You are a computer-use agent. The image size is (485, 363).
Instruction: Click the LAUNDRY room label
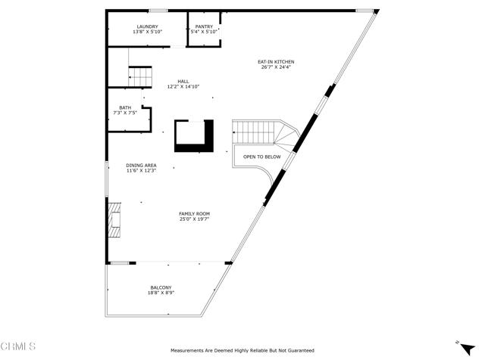tap(148, 27)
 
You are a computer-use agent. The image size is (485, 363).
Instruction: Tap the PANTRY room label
tap(204, 27)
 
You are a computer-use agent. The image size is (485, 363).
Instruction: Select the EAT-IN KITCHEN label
tap(276, 62)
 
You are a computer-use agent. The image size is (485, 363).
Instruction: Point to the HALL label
tap(183, 82)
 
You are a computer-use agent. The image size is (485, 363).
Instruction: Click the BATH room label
tap(125, 107)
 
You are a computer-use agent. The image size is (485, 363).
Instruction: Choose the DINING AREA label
tap(142, 165)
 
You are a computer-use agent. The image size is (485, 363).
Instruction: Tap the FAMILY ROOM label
tap(195, 213)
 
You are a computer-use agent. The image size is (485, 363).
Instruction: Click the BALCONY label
tap(161, 287)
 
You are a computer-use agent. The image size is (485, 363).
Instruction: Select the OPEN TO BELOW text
tap(262, 157)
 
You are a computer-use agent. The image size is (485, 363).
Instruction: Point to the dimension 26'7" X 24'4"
tap(276, 67)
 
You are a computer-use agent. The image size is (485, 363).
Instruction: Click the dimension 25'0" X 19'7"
tap(195, 219)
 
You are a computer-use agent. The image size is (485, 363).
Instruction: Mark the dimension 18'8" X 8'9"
tap(161, 293)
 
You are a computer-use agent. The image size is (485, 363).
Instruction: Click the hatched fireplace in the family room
tap(114, 220)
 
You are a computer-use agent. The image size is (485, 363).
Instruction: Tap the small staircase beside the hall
tap(140, 76)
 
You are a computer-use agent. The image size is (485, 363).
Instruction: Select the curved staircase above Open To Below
tap(266, 133)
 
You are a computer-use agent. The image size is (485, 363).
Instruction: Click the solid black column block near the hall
tap(195, 136)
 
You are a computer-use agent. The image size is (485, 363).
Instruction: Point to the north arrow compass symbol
tap(467, 349)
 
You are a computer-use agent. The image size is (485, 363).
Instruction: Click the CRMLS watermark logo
tap(18, 346)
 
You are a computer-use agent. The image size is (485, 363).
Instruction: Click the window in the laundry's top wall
tap(158, 11)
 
